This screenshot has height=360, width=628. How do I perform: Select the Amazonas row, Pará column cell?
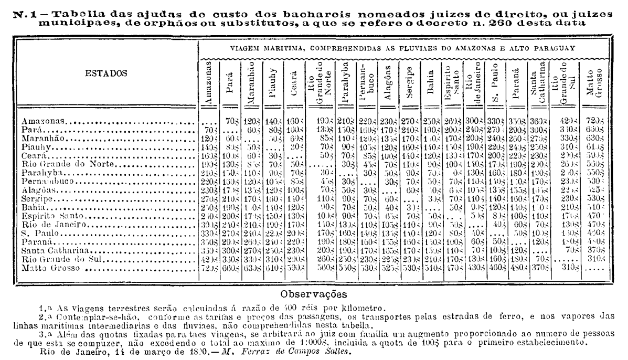pos(229,121)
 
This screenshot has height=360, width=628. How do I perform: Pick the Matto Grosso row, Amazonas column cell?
pos(208,271)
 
